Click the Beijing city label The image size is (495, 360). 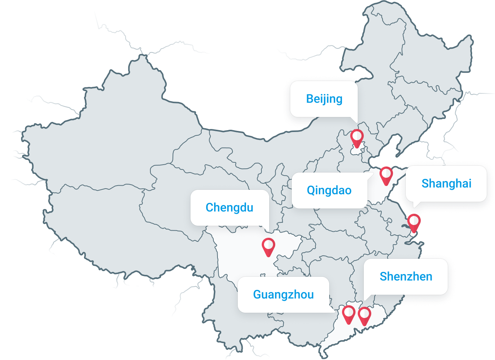324,99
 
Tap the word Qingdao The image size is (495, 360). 329,190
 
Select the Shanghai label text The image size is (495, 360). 446,184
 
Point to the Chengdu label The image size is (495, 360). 229,208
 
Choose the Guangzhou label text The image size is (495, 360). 283,295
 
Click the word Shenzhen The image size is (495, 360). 406,277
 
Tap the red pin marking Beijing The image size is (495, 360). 357,138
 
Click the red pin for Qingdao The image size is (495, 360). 386,175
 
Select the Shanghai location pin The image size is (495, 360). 414,223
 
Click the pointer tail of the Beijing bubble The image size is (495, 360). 354,120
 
